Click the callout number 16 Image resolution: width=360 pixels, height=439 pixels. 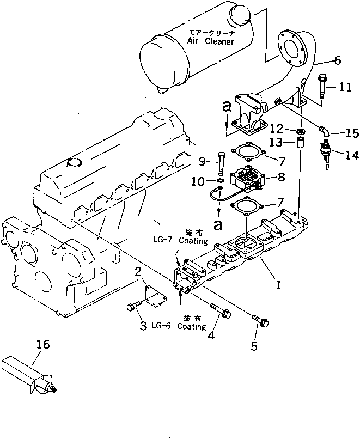coord(43,344)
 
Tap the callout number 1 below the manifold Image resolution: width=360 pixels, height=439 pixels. coord(278,284)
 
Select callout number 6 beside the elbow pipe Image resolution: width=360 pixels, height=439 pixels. coord(338,60)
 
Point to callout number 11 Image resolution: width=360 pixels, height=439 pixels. coord(345,87)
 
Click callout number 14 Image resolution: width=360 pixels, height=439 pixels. coord(351,155)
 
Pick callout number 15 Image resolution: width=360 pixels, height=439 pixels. coord(352,132)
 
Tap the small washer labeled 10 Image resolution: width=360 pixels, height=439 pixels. coord(219,180)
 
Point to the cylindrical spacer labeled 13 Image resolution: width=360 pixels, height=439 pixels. coord(299,145)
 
